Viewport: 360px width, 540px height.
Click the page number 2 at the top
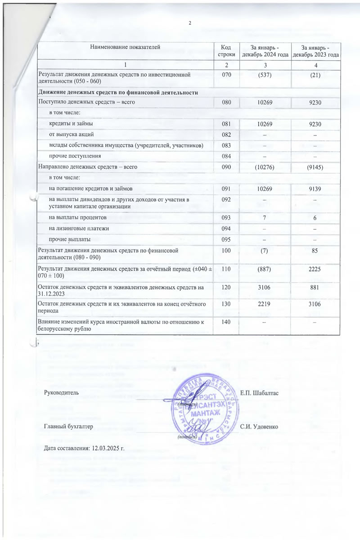(x=190, y=23)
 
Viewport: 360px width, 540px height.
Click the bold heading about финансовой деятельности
(x=119, y=93)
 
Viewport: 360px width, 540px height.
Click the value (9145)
(x=315, y=166)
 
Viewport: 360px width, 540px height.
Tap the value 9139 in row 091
(x=315, y=188)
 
